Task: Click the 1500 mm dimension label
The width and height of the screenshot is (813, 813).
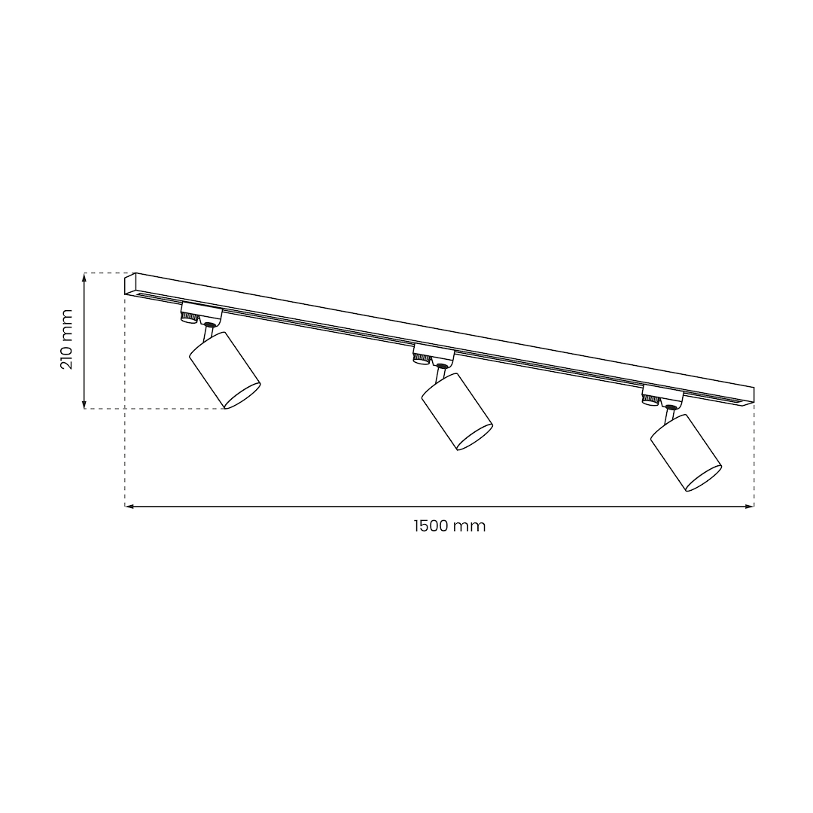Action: pyautogui.click(x=449, y=525)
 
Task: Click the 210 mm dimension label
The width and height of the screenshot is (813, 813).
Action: pyautogui.click(x=66, y=339)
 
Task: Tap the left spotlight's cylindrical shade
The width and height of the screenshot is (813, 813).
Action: pyautogui.click(x=224, y=370)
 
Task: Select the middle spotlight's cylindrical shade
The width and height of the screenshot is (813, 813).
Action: pyautogui.click(x=457, y=411)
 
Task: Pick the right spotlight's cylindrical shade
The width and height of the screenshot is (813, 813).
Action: pyautogui.click(x=686, y=452)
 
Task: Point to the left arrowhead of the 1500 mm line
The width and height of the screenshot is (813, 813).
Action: pyautogui.click(x=129, y=506)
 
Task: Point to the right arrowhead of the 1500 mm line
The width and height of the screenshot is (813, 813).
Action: pyautogui.click(x=750, y=506)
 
